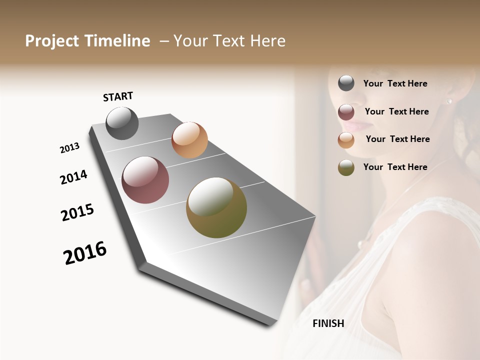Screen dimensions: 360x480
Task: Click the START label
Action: (118, 96)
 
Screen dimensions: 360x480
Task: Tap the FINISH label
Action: (328, 323)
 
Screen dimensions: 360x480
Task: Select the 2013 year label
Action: (69, 148)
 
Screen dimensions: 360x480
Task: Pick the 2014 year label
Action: (73, 177)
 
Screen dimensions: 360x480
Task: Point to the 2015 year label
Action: (77, 212)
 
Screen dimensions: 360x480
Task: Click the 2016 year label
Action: (85, 253)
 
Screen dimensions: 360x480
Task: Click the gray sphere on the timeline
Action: (122, 123)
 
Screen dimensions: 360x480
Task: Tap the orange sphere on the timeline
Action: (189, 140)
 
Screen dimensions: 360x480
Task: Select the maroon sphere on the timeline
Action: (145, 180)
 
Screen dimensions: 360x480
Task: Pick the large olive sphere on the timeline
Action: (216, 207)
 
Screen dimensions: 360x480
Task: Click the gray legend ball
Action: (346, 83)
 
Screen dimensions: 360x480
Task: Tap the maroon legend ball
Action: (346, 112)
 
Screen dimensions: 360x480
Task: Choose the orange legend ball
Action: (346, 140)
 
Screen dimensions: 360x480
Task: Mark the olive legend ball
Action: (346, 168)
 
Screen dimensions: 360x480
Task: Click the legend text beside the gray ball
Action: (395, 84)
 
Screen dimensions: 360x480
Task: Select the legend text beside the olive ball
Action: (395, 167)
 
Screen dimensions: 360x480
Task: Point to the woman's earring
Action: (448, 101)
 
